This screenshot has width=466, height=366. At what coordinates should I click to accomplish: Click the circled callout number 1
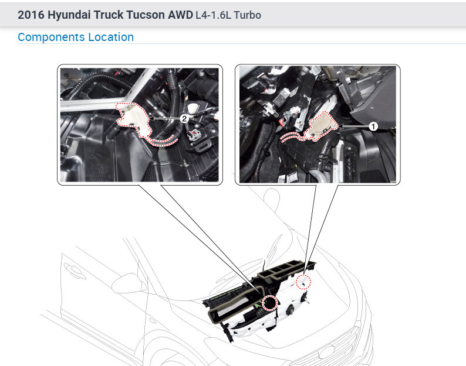pos(372,125)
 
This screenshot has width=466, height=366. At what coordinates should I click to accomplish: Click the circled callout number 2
pos(184,118)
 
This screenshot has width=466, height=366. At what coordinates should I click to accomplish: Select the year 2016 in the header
pos(29,15)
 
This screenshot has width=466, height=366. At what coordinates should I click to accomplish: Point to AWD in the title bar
pos(180,15)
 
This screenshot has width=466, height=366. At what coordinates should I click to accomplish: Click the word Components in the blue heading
pos(51,37)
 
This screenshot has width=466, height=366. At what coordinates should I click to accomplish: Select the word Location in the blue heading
pos(111,37)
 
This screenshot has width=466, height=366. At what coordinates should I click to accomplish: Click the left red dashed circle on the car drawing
pos(271,303)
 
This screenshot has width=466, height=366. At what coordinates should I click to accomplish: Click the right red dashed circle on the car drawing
pos(303,282)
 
